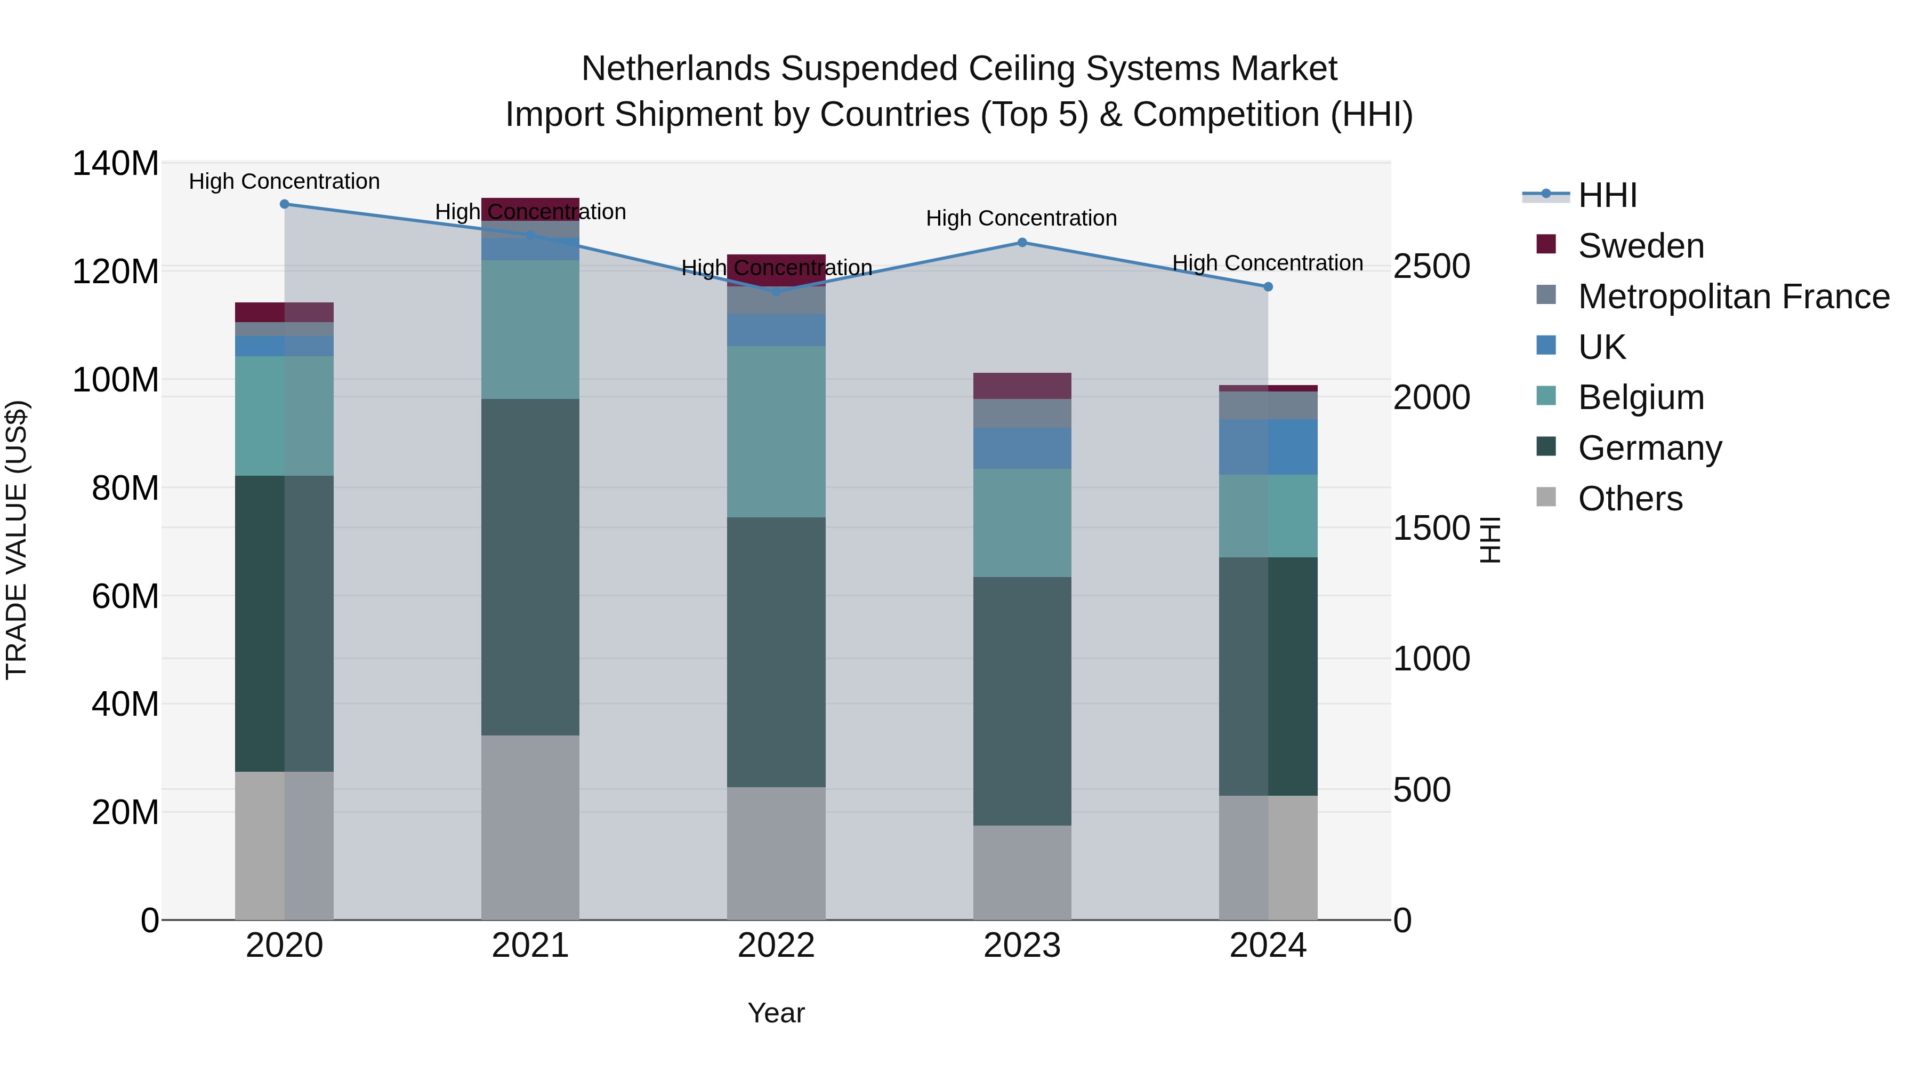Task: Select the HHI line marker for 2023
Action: click(x=1022, y=242)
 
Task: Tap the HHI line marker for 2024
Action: click(x=1268, y=287)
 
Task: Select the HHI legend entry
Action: click(x=1607, y=195)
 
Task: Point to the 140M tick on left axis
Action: click(x=116, y=163)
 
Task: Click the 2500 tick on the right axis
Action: click(x=1431, y=266)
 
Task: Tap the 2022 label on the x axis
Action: click(x=776, y=946)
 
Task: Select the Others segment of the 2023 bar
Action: click(x=1022, y=872)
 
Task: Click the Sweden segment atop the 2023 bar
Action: click(x=1022, y=386)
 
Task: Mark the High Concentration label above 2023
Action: click(x=1021, y=218)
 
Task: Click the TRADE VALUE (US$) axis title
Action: click(x=17, y=540)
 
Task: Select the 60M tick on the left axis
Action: click(x=125, y=596)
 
